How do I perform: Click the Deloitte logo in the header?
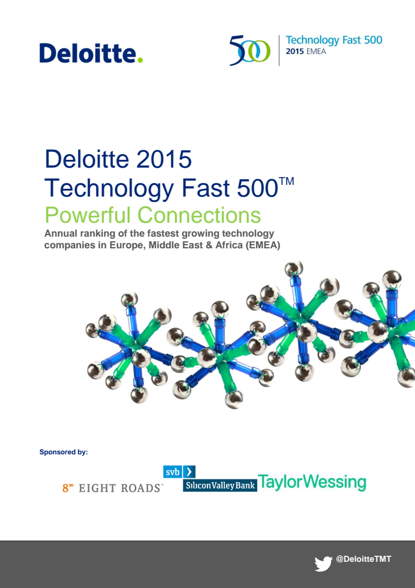click(91, 53)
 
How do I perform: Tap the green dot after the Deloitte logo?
click(140, 60)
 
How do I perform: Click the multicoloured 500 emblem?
click(250, 50)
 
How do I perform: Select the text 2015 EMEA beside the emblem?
click(305, 51)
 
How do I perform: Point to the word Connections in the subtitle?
click(199, 215)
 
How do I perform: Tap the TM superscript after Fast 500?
click(286, 182)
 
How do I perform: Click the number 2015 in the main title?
click(164, 159)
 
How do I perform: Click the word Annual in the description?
click(60, 233)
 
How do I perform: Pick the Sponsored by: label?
click(63, 452)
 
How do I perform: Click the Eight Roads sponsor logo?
click(113, 488)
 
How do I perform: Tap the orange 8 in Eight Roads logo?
click(66, 488)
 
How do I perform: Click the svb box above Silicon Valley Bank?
click(172, 472)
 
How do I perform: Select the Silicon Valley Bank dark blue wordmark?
click(220, 485)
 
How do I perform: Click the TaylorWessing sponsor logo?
click(312, 483)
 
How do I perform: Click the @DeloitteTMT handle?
click(363, 559)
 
